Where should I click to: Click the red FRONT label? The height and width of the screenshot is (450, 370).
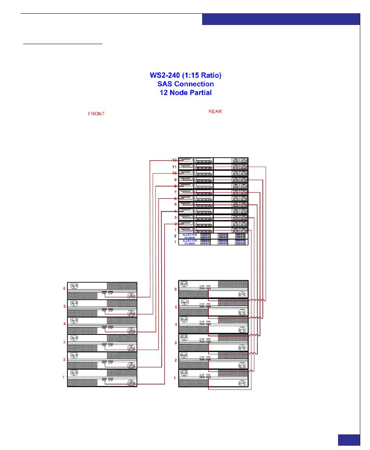96,114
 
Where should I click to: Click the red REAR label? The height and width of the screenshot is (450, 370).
215,112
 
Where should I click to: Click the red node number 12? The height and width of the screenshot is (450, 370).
175,160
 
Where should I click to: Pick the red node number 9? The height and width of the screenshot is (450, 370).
175,180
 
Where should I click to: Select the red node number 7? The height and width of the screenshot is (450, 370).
175,192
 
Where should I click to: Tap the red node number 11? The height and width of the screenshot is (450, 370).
175,167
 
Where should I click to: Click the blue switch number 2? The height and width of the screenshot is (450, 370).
175,236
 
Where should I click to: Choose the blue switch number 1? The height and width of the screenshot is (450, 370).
175,242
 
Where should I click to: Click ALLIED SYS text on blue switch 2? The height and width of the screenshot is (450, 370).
190,235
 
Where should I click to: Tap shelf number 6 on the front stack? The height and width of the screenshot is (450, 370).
65,289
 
